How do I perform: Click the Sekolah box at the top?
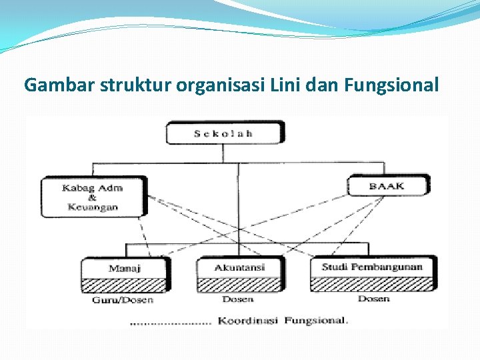tap(224, 132)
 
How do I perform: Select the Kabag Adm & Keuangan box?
tap(93, 197)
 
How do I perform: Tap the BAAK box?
tap(387, 185)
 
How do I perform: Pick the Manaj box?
tap(124, 268)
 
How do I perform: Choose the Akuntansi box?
tap(239, 267)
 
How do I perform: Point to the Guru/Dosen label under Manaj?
tap(123, 300)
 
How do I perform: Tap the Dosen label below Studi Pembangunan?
tap(373, 299)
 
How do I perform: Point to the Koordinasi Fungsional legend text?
tap(283, 320)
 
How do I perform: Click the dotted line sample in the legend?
tap(170, 323)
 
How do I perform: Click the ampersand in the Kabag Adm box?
tap(92, 197)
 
